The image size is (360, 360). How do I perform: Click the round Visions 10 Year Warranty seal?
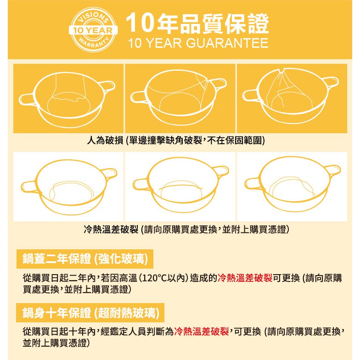(x=93, y=29)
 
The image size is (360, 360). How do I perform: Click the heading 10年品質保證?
(x=197, y=23)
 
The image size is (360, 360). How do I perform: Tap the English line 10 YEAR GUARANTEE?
(x=198, y=43)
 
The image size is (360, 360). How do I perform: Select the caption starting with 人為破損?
(x=176, y=140)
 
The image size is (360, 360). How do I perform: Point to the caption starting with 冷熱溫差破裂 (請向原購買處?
(x=186, y=229)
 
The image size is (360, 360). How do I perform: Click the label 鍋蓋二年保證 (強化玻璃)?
(x=85, y=259)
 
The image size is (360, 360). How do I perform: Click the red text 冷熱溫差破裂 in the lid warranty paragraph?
(x=245, y=278)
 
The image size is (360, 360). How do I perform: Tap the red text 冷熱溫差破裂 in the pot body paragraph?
(x=201, y=332)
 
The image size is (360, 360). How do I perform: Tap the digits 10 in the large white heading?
(x=140, y=23)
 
